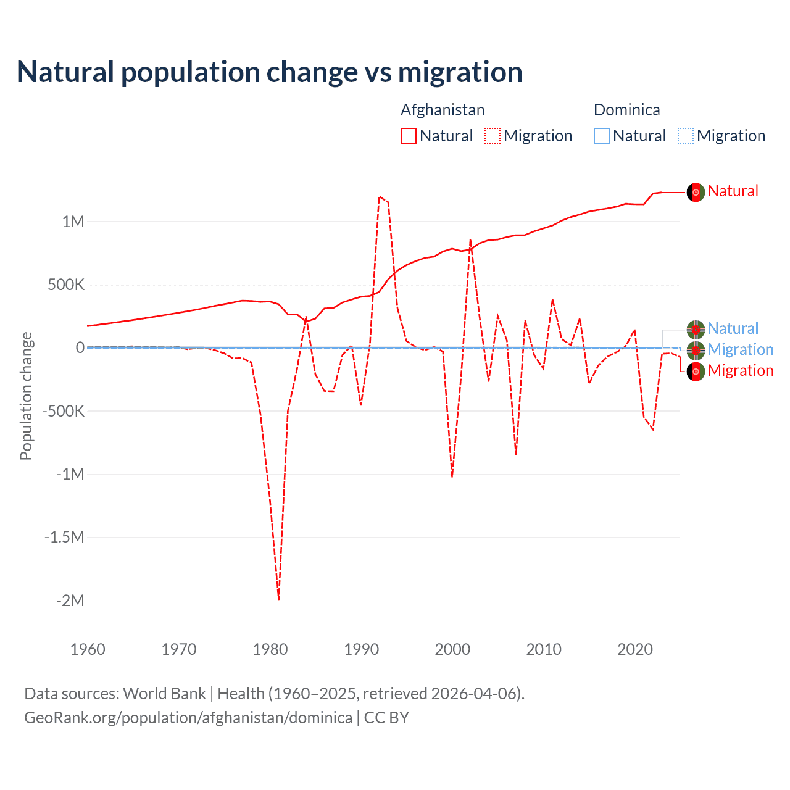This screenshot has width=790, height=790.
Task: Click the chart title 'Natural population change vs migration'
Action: coord(270,72)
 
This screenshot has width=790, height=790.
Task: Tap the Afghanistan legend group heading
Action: coord(443,110)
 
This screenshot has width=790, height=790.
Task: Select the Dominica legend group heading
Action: coord(626,110)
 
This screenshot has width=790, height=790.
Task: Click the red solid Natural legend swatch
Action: coord(409,136)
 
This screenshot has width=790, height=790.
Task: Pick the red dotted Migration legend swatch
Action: coord(493,136)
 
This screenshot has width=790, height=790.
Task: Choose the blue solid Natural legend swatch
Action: coord(602,136)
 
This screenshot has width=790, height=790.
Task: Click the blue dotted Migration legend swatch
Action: coord(686,136)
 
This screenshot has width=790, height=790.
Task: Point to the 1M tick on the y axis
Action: coord(73,222)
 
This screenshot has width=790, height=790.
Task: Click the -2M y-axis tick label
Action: coord(70,601)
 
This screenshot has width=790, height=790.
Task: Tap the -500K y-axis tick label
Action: coord(62,411)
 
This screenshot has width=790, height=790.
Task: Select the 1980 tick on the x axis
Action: coord(270,649)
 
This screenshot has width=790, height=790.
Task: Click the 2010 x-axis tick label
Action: coord(544,649)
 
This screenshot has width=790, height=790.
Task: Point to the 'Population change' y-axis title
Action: coord(26,396)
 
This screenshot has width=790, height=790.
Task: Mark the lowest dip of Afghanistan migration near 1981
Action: coord(279,599)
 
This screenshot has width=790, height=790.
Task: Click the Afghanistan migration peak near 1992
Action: coord(380,197)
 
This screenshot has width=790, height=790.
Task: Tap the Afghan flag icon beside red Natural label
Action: coord(696,193)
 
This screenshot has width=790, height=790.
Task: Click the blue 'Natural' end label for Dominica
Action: coord(733,328)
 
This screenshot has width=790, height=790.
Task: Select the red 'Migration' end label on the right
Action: coord(740,370)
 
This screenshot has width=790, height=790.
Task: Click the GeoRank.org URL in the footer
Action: coord(188,718)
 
